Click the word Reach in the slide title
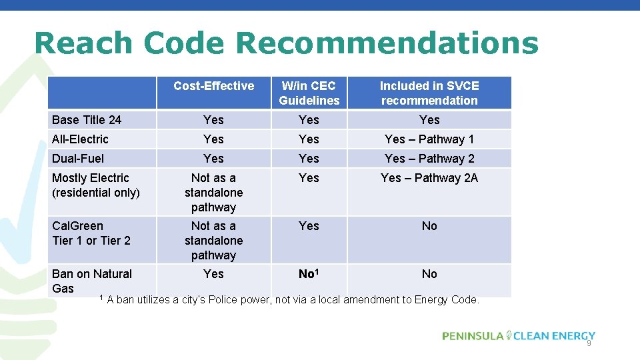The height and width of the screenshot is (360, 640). click(83, 43)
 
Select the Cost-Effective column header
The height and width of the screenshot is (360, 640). click(213, 86)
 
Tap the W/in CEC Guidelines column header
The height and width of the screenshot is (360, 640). click(309, 93)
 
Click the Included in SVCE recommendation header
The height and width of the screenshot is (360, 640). click(429, 93)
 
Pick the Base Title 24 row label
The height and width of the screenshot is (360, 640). click(87, 120)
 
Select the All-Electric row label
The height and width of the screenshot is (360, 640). click(80, 139)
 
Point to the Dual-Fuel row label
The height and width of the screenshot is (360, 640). click(78, 159)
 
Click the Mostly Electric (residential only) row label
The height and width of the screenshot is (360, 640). click(95, 185)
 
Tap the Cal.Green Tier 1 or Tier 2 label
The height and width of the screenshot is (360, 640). click(91, 233)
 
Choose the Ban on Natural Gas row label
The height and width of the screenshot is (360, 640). click(92, 281)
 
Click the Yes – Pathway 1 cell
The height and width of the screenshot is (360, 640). click(429, 139)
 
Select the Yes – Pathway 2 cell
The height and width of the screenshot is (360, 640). click(429, 159)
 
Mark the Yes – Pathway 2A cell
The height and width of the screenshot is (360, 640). click(429, 178)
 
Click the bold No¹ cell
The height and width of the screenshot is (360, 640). click(309, 274)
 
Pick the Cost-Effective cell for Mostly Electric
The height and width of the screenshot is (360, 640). click(213, 193)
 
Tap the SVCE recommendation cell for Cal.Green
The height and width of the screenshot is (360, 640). click(429, 226)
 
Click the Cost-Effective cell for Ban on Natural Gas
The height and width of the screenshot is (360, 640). click(213, 274)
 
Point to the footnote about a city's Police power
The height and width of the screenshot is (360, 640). click(292, 300)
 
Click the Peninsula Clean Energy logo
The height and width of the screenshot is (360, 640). click(518, 336)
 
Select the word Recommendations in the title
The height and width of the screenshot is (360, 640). click(387, 43)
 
